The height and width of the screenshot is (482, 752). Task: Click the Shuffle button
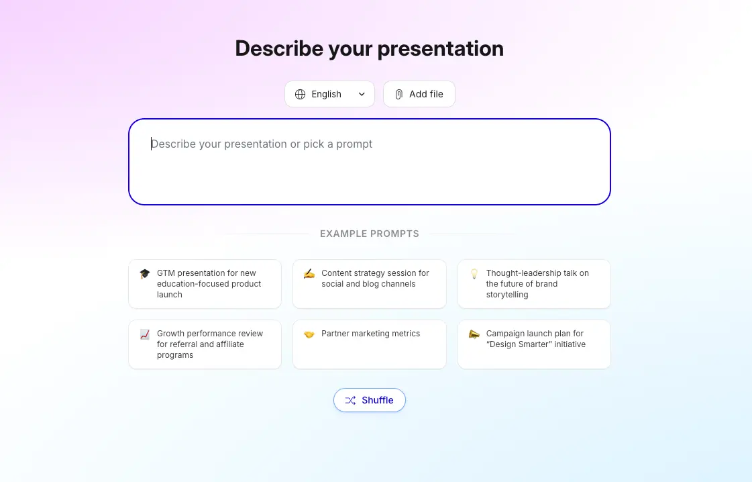click(x=370, y=400)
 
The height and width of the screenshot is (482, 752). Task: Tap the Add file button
click(x=419, y=94)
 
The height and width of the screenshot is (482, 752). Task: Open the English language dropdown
click(x=329, y=94)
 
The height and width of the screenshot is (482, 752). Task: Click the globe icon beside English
click(x=300, y=94)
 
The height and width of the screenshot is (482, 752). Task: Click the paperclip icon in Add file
click(x=399, y=94)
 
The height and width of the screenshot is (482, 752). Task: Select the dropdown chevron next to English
click(x=362, y=94)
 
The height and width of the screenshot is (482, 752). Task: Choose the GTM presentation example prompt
click(x=205, y=284)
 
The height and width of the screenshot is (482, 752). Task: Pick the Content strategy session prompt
click(x=370, y=284)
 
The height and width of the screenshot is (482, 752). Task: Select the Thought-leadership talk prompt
click(x=534, y=284)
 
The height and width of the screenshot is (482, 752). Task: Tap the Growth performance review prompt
click(x=205, y=344)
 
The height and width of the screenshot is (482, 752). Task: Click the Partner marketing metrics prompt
click(x=370, y=344)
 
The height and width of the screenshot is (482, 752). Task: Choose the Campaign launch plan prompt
click(x=534, y=344)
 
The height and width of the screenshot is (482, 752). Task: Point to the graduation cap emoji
click(x=145, y=274)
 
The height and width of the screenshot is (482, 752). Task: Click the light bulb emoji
click(x=474, y=274)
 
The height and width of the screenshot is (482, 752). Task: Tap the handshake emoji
click(x=309, y=334)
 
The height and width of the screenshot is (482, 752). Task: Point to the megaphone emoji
click(x=474, y=334)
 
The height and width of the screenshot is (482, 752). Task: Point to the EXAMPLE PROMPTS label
click(x=370, y=234)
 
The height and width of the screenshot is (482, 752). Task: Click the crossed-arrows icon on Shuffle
click(x=350, y=400)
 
